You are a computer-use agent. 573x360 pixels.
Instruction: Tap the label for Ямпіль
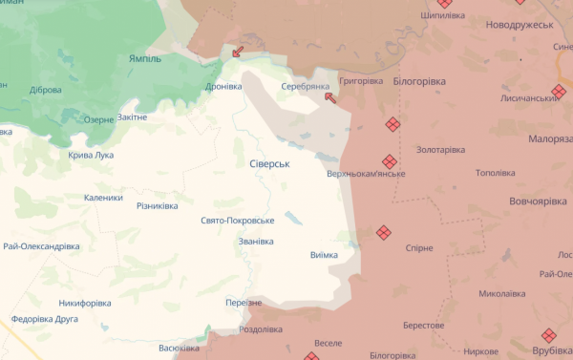(145, 58)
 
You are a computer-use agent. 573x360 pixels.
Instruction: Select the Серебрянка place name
(305, 86)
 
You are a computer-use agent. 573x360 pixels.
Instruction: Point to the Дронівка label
(223, 86)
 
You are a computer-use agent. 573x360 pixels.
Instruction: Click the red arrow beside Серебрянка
(330, 96)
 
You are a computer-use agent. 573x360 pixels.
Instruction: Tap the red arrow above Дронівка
(237, 52)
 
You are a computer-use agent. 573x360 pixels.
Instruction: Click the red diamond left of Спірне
(384, 232)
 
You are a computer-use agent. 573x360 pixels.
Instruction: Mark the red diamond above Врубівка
(547, 335)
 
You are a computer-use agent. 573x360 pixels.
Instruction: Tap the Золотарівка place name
(440, 150)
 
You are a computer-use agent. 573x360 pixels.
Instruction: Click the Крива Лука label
(91, 155)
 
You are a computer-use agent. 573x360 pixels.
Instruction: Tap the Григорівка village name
(360, 81)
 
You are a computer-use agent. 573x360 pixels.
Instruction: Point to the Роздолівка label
(260, 329)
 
